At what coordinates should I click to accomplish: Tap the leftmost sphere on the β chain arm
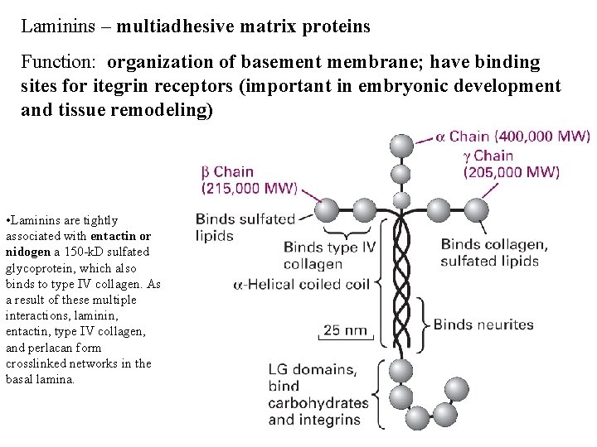(x=328, y=209)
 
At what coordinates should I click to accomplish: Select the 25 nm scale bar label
(x=344, y=330)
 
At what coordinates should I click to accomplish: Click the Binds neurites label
(x=483, y=324)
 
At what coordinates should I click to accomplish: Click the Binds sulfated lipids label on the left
(x=245, y=227)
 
